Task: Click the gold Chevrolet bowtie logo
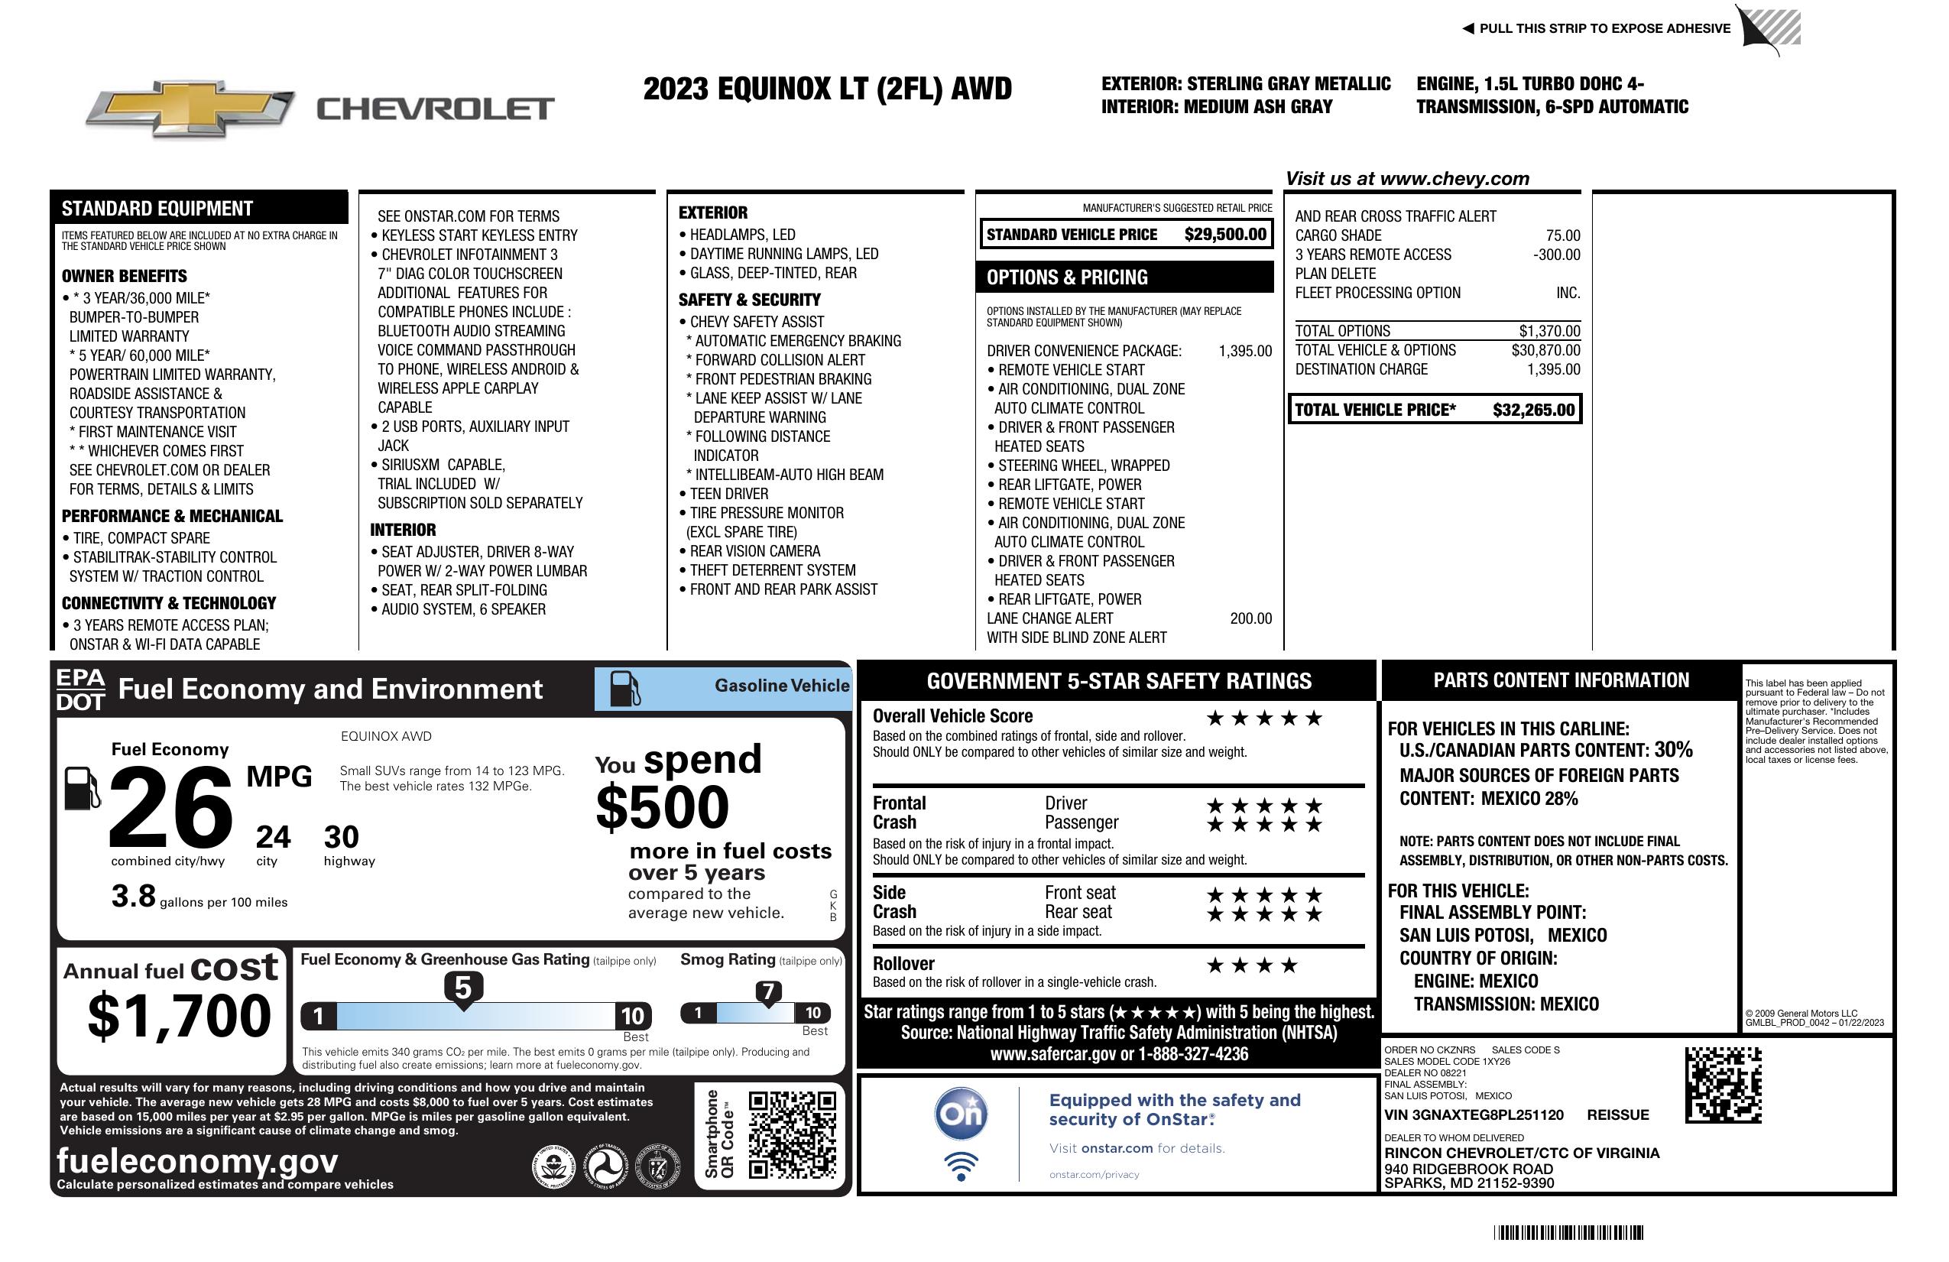tap(190, 108)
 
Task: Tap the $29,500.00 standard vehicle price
tap(1224, 235)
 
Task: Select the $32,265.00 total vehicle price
tap(1533, 410)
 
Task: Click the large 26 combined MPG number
tap(170, 807)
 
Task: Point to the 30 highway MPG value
tap(341, 837)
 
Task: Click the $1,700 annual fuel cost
tap(180, 1016)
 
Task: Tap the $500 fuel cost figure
tap(662, 807)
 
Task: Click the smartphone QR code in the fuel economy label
tap(792, 1134)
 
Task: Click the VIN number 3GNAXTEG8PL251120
tap(1474, 1115)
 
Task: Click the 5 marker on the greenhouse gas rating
tap(462, 988)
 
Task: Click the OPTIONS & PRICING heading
tap(1067, 277)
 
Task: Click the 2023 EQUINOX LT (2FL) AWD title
tap(827, 89)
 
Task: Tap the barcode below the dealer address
tap(1568, 1232)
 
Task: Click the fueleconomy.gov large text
tap(197, 1161)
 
